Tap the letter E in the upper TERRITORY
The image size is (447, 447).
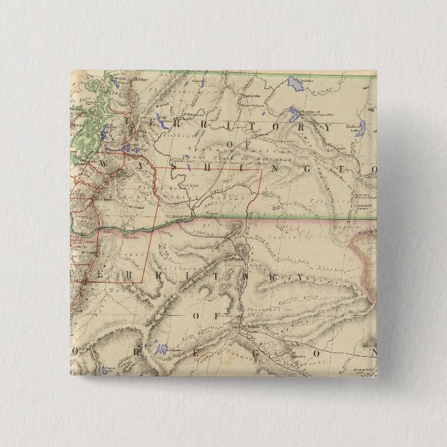tap(144, 120)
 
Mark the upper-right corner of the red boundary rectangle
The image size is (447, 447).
tap(262, 169)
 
